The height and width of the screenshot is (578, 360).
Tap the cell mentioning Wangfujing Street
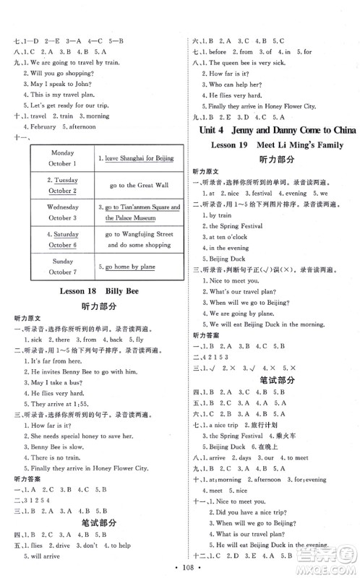pos(134,239)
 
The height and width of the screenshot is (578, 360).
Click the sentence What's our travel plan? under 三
pos(241,291)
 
